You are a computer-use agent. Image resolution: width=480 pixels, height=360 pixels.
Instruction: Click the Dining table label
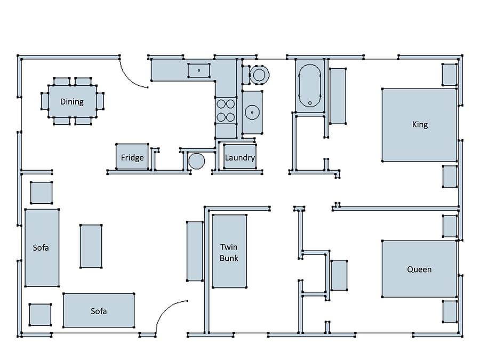coord(72,102)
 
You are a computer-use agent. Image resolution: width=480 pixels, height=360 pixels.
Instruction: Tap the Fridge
coord(132,156)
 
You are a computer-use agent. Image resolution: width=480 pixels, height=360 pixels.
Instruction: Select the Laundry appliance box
coord(239,156)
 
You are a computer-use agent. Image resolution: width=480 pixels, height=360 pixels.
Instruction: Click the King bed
coord(419,125)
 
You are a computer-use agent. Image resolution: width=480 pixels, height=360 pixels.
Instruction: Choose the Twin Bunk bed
coord(229,251)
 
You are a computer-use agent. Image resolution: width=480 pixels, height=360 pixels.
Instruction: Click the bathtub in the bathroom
coord(310,86)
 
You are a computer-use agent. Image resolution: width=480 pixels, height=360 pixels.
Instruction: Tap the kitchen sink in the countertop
coord(199,70)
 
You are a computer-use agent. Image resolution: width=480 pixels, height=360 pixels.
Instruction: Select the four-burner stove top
coord(226,110)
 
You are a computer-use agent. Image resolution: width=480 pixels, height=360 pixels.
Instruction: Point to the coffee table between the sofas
coord(91,246)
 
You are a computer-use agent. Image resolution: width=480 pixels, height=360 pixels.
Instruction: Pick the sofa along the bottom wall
coord(99,310)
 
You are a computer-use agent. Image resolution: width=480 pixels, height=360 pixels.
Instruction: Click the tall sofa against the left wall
coord(42,247)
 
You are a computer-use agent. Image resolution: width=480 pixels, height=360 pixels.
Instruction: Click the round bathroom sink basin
coord(252,113)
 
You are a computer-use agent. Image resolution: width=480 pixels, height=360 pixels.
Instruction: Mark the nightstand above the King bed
coord(450,75)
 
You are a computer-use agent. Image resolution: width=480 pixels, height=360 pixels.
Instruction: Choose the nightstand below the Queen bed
coord(450,311)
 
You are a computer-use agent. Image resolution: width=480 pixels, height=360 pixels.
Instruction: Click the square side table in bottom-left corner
coord(40,315)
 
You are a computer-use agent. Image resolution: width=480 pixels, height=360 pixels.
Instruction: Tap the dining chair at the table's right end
coord(100,101)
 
